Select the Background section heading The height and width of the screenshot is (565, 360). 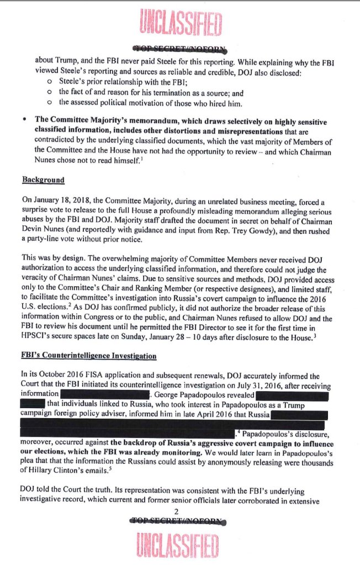43,180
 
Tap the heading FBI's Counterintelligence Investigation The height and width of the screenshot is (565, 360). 89,355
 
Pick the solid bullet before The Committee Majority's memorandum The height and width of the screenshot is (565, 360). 25,120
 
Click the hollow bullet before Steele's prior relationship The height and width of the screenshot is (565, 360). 50,83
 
